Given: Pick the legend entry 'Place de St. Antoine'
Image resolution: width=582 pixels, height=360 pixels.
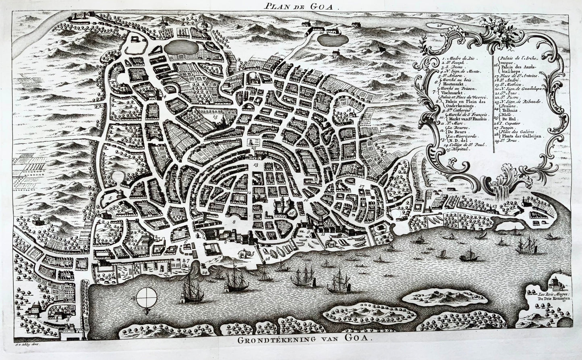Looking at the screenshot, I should [521, 74].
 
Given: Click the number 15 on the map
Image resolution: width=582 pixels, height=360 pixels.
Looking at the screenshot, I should [215, 117].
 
